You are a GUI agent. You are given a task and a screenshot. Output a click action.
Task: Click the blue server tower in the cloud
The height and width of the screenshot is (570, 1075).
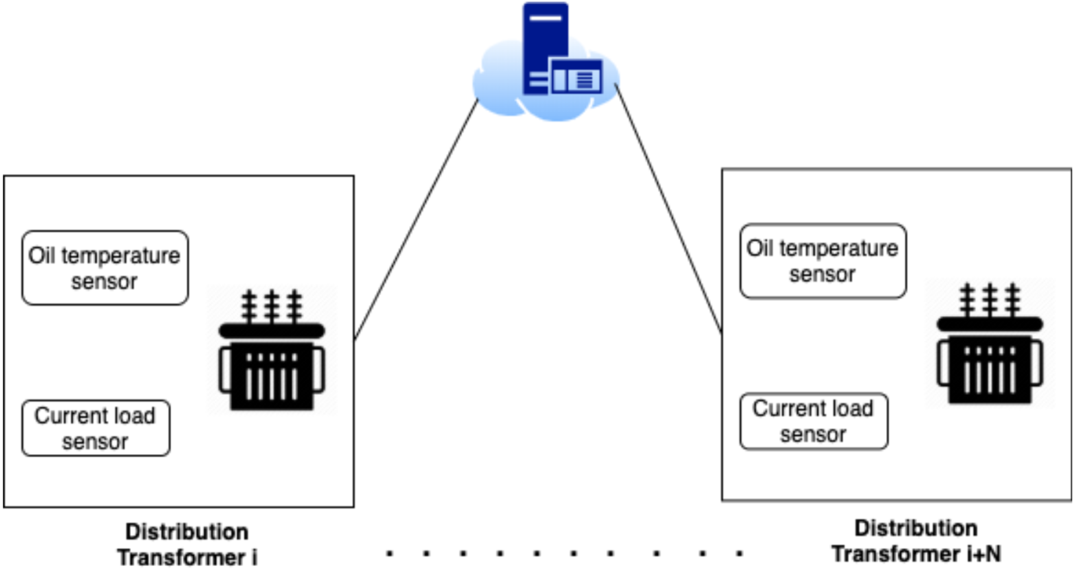(x=545, y=46)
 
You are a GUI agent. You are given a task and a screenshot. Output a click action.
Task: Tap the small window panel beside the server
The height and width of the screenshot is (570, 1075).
(x=576, y=77)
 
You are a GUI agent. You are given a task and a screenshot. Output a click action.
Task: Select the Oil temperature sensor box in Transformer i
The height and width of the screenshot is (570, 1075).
(x=104, y=268)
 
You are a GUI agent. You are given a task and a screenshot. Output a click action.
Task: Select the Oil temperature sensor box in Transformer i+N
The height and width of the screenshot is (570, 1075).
(x=823, y=261)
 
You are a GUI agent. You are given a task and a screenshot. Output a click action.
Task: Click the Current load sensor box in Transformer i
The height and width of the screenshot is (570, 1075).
(x=96, y=428)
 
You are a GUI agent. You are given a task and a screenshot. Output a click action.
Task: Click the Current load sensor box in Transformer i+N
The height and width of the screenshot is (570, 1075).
(x=813, y=422)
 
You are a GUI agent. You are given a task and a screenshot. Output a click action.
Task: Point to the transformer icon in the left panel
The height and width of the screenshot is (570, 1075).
(x=272, y=350)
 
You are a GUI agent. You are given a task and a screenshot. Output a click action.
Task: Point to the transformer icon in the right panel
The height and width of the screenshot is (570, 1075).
(x=990, y=344)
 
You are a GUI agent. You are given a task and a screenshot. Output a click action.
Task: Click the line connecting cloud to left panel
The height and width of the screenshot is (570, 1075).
(x=416, y=218)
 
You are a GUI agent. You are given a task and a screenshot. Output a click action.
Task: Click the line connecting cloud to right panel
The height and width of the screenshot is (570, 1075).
(x=667, y=208)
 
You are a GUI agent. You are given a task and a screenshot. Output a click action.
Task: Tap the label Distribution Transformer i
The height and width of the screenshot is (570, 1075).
(x=187, y=544)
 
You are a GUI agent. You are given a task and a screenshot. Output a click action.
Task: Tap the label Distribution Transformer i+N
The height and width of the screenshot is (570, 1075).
(x=916, y=540)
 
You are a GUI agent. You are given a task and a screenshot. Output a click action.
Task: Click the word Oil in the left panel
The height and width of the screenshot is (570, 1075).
(x=42, y=255)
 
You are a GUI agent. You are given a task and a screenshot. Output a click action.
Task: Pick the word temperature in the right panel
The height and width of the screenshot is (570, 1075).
(x=838, y=249)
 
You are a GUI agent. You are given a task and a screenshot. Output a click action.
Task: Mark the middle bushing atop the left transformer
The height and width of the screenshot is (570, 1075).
(x=272, y=306)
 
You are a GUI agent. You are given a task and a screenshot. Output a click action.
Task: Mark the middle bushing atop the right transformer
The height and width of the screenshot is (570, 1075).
(x=990, y=300)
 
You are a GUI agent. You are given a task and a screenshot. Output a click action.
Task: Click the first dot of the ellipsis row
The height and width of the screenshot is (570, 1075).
(x=390, y=553)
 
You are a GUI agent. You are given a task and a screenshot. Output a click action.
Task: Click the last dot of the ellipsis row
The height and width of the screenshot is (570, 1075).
(x=740, y=553)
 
